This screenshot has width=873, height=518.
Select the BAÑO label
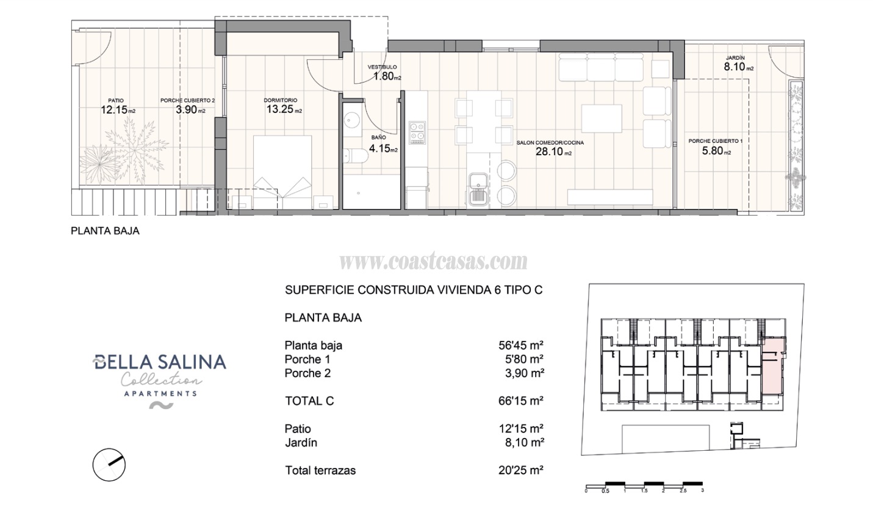coord(378,138)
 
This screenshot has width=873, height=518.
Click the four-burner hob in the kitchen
coord(417,133)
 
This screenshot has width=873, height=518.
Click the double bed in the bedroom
coord(282,171)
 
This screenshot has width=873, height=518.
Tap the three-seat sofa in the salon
coord(601,68)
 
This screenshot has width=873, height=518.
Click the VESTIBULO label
coord(383,67)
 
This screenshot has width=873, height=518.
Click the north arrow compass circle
coord(109,464)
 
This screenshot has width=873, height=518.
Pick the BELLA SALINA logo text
coord(160,362)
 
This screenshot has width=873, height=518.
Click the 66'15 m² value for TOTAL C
coord(521,401)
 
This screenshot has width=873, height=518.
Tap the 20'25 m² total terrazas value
coord(521,470)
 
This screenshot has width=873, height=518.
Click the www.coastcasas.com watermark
coord(433,262)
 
